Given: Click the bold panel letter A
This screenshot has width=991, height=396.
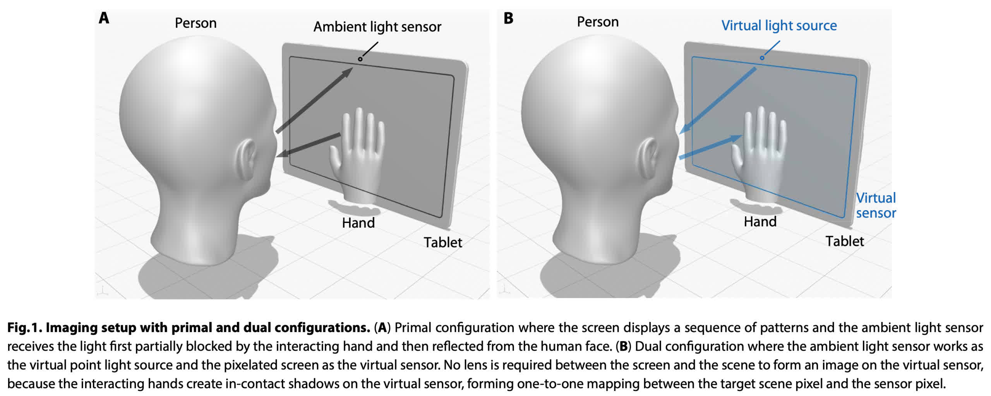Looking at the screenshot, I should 104,18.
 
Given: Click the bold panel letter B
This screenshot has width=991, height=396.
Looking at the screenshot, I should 508,18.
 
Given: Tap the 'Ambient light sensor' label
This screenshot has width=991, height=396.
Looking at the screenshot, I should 377,27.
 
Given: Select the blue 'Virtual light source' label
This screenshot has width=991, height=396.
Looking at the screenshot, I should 779,26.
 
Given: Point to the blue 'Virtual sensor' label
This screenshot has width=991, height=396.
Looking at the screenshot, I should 876,205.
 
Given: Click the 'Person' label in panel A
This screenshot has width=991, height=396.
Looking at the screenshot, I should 195,23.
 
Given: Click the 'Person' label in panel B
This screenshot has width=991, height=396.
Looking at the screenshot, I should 597,22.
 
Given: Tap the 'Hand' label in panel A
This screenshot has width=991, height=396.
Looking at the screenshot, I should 358,223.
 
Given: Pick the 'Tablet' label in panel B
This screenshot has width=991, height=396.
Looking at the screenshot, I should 844,241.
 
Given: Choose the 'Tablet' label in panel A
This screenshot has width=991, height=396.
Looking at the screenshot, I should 442,242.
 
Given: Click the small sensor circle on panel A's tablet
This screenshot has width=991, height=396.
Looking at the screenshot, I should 360,59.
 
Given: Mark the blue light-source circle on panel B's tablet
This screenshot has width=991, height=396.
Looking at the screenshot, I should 762,58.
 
